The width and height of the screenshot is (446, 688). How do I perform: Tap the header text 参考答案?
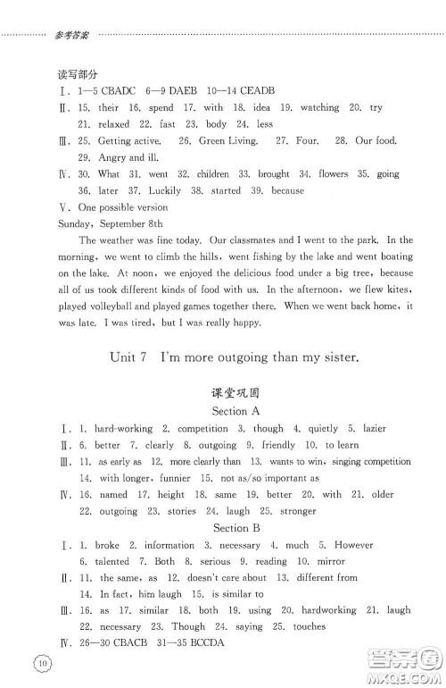[71, 37]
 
